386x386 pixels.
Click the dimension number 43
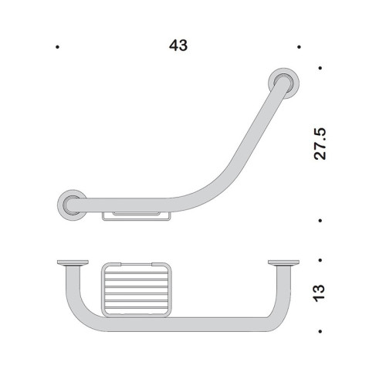(178, 46)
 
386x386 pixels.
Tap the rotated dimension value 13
(320, 292)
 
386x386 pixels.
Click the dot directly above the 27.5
(320, 68)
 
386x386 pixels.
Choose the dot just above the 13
(320, 261)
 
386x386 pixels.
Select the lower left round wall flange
(73, 204)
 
